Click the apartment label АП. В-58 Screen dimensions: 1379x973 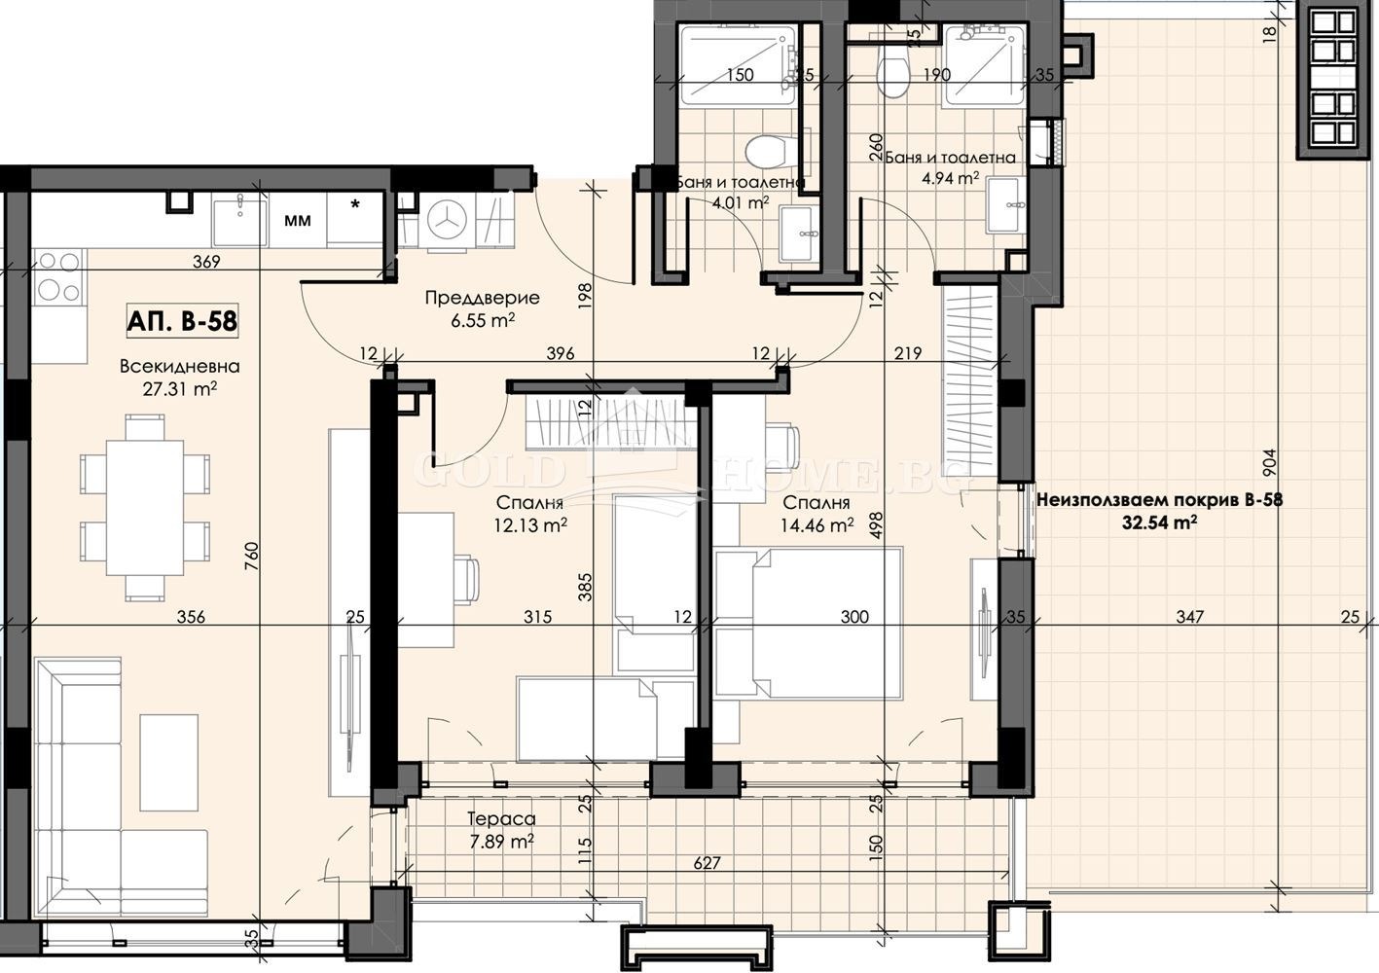coord(182,321)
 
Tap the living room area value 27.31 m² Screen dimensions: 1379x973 coord(180,389)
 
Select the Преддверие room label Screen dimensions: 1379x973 coord(482,298)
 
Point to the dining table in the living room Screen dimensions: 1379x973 coord(145,508)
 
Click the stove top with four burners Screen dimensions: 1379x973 coord(57,277)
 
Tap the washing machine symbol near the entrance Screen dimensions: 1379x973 coord(447,223)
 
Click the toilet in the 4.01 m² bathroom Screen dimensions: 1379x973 coord(765,151)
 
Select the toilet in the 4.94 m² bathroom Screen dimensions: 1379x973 coord(893,78)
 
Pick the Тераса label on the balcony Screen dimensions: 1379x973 coord(501,819)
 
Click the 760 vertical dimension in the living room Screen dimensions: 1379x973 coord(252,556)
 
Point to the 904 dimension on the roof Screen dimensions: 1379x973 coord(1269,463)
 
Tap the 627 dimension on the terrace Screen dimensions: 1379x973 coord(707,863)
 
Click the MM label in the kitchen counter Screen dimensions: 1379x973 coord(298,220)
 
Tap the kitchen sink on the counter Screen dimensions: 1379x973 coord(239,219)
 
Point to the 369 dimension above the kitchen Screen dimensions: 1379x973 coord(206,262)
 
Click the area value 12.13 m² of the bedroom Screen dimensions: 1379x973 coord(530,525)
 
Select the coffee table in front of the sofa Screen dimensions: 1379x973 coord(168,763)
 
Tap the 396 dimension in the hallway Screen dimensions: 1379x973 coord(561,353)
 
